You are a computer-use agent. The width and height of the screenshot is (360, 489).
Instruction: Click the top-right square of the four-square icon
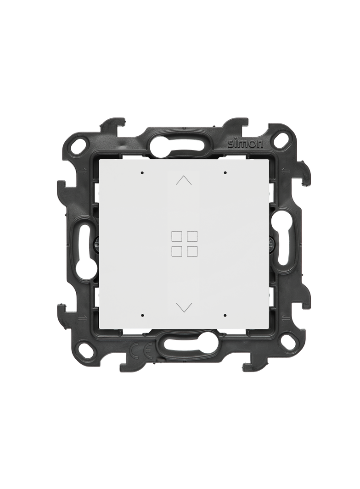tap(191, 236)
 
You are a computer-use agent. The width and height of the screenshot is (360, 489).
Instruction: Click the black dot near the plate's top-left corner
tap(142, 172)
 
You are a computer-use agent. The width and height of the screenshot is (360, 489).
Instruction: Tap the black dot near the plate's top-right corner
tap(225, 172)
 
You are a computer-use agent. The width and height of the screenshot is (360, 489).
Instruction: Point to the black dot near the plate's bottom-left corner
tap(142, 315)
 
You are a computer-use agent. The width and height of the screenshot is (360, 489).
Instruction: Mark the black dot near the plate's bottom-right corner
tap(225, 315)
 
